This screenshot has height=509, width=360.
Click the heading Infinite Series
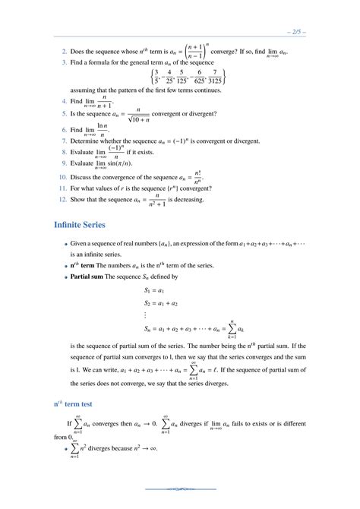pyautogui.click(x=85, y=225)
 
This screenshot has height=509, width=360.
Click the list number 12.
pyautogui.click(x=63, y=199)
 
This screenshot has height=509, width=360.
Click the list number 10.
pyautogui.click(x=63, y=175)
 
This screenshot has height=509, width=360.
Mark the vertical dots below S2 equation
pyautogui.click(x=145, y=315)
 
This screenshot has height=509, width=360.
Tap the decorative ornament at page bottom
pyautogui.click(x=180, y=488)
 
